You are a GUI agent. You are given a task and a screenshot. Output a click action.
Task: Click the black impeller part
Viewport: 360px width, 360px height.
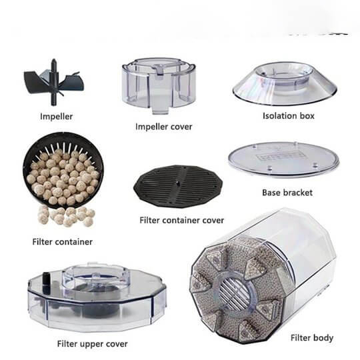click(x=54, y=82)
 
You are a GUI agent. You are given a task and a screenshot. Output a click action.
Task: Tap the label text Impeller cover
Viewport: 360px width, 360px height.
click(x=163, y=127)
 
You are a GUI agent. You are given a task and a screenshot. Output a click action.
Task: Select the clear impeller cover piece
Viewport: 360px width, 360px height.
click(x=159, y=85)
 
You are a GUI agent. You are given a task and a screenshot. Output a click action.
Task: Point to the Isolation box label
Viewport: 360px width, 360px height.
click(x=289, y=116)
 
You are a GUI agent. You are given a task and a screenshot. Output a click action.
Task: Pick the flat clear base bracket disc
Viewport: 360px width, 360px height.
click(x=284, y=159)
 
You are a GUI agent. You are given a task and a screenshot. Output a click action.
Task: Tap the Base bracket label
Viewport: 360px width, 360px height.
click(x=287, y=193)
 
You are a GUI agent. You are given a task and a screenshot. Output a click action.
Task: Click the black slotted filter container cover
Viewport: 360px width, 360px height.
click(x=178, y=186)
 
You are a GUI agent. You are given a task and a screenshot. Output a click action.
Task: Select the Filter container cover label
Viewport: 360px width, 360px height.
click(x=181, y=221)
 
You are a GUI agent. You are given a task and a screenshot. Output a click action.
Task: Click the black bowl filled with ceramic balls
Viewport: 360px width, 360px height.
click(x=63, y=171)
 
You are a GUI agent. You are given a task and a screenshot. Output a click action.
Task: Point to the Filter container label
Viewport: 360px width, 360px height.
click(x=62, y=242)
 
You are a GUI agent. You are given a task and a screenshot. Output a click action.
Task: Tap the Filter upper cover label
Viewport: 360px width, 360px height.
click(x=92, y=344)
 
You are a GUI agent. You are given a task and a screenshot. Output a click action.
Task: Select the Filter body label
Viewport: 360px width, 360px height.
click(x=312, y=338)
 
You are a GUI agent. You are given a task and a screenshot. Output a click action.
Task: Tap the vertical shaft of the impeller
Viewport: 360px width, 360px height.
click(x=54, y=82)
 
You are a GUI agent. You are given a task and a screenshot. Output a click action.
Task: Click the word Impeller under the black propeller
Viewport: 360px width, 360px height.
click(x=56, y=117)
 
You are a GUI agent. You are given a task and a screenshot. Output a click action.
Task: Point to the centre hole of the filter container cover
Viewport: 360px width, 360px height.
click(x=177, y=183)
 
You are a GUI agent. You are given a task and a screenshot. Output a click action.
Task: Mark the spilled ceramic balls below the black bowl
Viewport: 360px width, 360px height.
click(x=66, y=216)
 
